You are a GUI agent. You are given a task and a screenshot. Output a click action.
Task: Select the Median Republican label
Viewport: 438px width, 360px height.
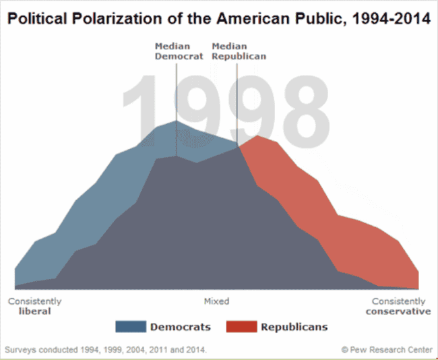pos(239,51)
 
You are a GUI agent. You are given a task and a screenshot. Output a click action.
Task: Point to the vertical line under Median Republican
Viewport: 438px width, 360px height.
pos(238,108)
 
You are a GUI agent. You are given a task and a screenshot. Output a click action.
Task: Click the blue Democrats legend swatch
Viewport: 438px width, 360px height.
pos(131,327)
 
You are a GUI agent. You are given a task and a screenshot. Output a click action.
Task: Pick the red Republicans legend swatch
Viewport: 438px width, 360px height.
pos(241,327)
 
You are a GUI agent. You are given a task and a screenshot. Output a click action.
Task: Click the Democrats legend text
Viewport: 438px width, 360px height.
pos(180,327)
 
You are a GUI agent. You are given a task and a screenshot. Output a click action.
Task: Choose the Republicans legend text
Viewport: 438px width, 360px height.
pos(294,327)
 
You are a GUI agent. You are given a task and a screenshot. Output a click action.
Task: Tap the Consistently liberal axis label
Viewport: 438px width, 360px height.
pos(35,306)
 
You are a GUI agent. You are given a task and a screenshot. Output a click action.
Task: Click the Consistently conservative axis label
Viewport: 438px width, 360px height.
pos(398,306)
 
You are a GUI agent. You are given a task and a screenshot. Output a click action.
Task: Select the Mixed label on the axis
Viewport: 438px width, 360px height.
pos(216,301)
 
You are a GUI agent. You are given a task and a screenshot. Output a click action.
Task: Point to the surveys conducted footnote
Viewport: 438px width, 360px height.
pos(105,350)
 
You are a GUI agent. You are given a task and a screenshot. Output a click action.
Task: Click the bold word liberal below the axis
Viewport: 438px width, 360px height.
pos(35,311)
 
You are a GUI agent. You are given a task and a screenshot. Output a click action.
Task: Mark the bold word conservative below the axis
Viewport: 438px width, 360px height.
pos(398,311)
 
